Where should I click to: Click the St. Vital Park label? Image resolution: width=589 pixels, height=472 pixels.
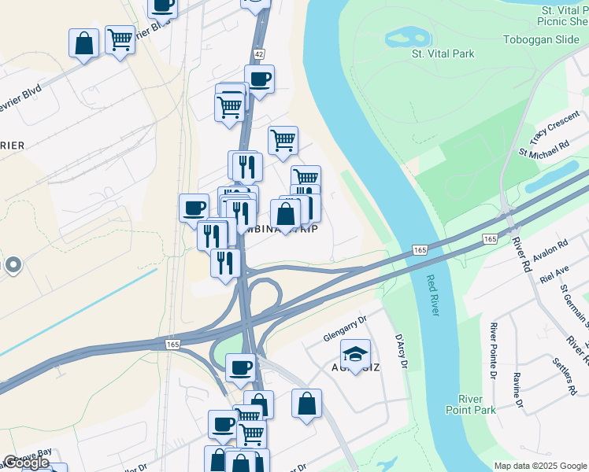pos(443,53)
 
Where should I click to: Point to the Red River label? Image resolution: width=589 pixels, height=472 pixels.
pos(432,295)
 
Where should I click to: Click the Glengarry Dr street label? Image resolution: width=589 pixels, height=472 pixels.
pos(346,329)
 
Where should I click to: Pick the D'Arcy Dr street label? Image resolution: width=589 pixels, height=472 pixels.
pos(401,352)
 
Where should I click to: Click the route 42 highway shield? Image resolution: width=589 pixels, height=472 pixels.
pos(259,53)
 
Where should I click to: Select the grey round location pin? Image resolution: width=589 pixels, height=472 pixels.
pos(12,265)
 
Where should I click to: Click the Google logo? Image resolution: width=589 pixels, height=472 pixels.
pos(25,463)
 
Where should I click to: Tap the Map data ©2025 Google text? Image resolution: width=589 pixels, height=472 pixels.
pos(539,466)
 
